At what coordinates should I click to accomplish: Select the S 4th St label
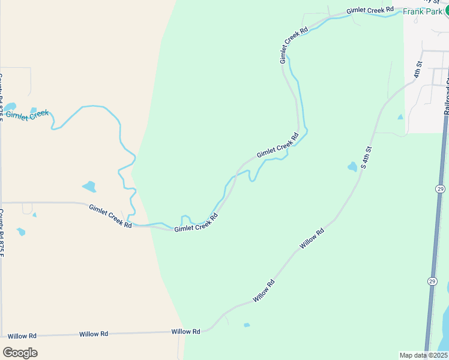367,157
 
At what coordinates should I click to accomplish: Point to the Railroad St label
447,99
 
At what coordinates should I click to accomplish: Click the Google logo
20,353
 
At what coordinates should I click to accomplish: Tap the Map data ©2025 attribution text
423,355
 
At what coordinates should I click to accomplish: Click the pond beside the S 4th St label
352,167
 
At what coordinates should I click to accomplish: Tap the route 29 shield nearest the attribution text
432,281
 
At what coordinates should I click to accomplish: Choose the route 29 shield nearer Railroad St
440,189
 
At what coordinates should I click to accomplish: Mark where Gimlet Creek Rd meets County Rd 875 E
2,203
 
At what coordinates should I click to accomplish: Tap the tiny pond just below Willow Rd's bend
247,325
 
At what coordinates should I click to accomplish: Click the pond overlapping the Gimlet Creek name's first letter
10,107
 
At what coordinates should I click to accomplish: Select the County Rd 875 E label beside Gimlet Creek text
2,96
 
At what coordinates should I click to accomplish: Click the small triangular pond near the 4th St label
400,117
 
